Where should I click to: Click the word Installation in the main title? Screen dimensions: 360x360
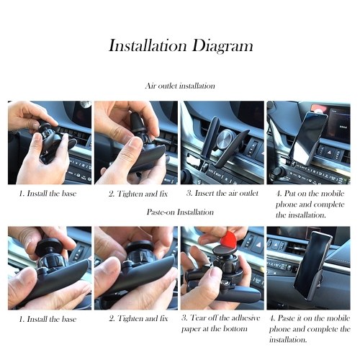point(148,45)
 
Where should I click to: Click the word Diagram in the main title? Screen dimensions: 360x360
point(222,46)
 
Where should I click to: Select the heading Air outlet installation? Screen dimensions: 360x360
point(180,86)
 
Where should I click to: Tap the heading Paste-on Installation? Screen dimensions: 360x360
point(180,212)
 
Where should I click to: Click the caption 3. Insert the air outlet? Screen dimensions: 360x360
point(222,193)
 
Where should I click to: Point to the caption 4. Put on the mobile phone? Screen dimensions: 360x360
point(310,204)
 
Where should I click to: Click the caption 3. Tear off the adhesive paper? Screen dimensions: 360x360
point(221,323)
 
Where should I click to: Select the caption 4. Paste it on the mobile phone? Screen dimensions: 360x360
point(310,329)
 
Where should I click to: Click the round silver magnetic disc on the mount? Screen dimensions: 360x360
point(225,138)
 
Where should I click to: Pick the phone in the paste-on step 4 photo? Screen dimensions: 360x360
point(312,265)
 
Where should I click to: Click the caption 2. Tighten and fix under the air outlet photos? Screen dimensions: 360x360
point(138,194)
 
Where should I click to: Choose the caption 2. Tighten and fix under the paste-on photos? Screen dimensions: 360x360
point(138,319)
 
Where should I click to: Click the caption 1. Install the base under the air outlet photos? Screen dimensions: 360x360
point(48,194)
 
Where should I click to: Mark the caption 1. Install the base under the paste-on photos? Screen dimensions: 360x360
point(48,319)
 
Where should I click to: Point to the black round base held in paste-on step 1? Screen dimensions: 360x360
point(47,247)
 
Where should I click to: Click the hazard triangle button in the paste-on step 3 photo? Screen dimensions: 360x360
point(258,246)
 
